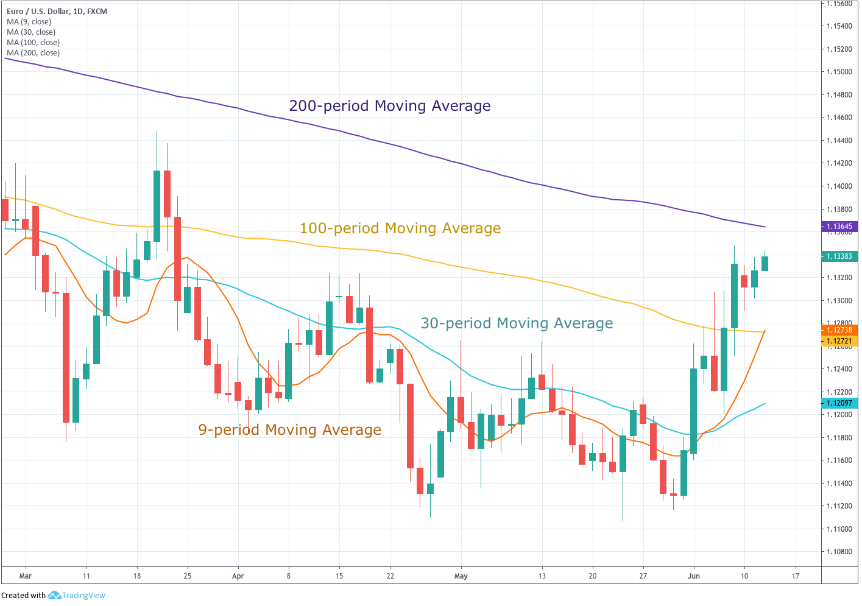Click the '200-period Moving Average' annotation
[x=389, y=106]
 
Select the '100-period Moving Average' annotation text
[x=400, y=228]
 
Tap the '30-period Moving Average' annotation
[x=517, y=323]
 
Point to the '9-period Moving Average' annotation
[x=289, y=430]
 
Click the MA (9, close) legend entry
[x=29, y=22]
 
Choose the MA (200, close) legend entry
[x=33, y=53]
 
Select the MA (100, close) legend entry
[x=33, y=43]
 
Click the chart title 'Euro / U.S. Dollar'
[x=38, y=11]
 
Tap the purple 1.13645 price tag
[x=839, y=227]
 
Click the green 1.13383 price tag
[x=839, y=256]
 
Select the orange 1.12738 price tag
[x=839, y=330]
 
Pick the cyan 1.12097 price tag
[x=839, y=403]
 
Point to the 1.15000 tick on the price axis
[x=839, y=72]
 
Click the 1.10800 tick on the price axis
[x=839, y=552]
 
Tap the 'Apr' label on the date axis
[x=238, y=576]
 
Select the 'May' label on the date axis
[x=461, y=576]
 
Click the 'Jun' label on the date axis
[x=693, y=576]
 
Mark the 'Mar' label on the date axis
[x=25, y=576]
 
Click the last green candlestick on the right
[x=765, y=263]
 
